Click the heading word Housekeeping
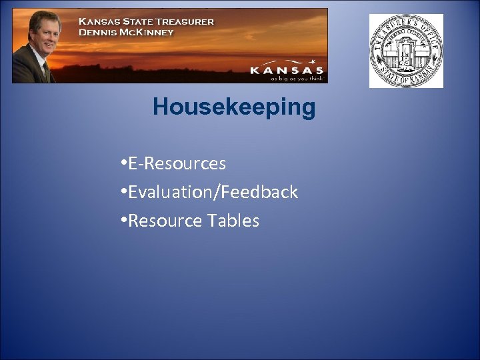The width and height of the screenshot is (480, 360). (x=233, y=107)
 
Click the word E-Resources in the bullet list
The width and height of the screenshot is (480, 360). (x=177, y=163)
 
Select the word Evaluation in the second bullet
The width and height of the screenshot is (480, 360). (x=167, y=192)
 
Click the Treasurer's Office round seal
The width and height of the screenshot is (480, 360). (x=406, y=51)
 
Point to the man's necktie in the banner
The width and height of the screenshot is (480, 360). (x=45, y=71)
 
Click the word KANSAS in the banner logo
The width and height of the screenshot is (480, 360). (x=287, y=70)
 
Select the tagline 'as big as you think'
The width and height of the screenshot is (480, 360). (x=296, y=78)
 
